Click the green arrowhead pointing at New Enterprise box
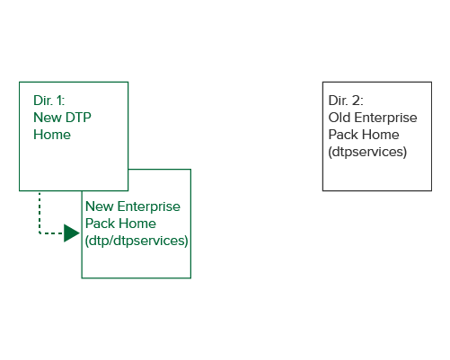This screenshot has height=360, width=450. coord(72,233)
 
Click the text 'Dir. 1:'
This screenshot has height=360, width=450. coord(49,101)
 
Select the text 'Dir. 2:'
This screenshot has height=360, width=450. coord(346,101)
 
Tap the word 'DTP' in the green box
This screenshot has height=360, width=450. coord(78,118)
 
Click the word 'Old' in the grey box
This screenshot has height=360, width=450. coord(340,118)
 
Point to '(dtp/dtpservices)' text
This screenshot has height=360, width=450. coord(137,241)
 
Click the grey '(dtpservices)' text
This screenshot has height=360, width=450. coord(367,152)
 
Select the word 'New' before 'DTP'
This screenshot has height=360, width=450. coord(48,118)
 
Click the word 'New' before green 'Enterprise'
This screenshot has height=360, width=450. coord(100,206)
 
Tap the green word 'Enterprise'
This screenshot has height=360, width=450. coord(149,206)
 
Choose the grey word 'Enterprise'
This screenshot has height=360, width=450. coord(385,118)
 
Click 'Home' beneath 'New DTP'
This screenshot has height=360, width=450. coord(52,135)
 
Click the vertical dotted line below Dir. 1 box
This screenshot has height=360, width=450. coord(40,212)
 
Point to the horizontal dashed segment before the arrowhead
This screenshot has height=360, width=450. coord(51,233)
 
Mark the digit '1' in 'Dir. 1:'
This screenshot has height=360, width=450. coord(60,101)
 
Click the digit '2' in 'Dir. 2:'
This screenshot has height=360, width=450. coord(357,101)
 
